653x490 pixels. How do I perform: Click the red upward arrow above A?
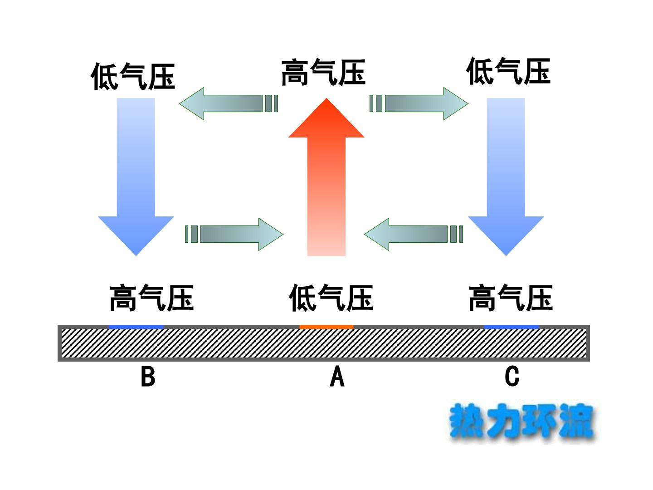[x=326, y=177]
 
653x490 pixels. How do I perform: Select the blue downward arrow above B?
[x=136, y=177]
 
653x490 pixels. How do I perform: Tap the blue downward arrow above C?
[x=506, y=177]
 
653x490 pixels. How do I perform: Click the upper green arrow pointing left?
[x=228, y=103]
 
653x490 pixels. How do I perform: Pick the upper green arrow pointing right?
[x=419, y=103]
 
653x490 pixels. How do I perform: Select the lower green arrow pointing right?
[x=234, y=234]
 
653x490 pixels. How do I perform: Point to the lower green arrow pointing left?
[x=414, y=234]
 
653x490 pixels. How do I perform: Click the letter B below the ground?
[x=148, y=377]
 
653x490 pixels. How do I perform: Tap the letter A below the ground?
[x=337, y=377]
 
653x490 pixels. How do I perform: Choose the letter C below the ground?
[x=512, y=377]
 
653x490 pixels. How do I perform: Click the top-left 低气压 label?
[x=133, y=76]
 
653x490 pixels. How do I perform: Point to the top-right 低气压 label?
[x=508, y=71]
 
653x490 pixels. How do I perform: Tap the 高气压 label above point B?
[x=152, y=298]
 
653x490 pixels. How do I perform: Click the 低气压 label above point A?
[x=331, y=298]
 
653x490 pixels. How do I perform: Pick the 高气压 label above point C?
[x=511, y=298]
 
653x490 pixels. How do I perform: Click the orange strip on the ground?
[x=326, y=327]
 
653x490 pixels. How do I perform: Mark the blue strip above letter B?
[x=136, y=327]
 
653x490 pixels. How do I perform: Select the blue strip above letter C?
[x=512, y=327]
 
